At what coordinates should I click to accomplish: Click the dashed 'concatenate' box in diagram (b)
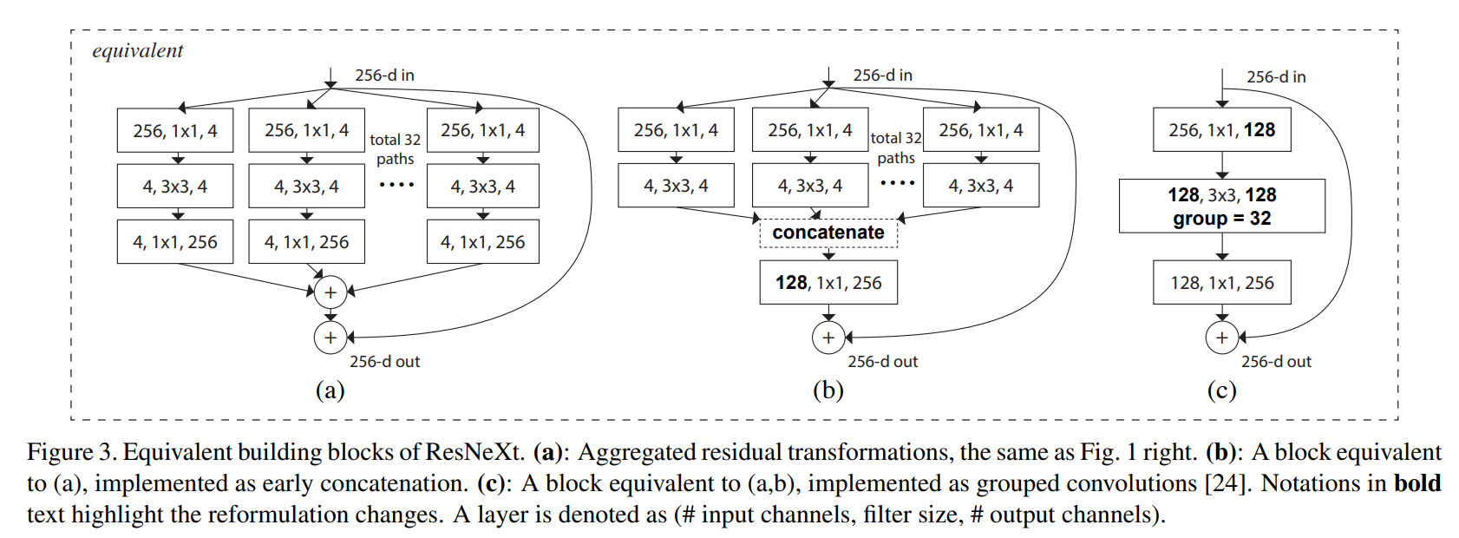pos(828,233)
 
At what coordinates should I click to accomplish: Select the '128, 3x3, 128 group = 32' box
pos(1221,207)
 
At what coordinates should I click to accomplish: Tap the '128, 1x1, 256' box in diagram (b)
pos(828,283)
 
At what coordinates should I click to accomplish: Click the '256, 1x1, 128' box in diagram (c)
pos(1221,130)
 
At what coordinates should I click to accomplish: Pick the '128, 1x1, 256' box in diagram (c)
pos(1221,283)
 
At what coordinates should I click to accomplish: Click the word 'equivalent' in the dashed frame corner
pos(137,51)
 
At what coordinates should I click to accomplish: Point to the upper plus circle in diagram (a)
pos(330,292)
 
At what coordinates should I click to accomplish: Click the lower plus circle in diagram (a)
pos(330,338)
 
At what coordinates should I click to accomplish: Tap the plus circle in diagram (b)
pos(828,338)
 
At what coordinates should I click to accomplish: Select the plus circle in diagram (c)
pos(1221,338)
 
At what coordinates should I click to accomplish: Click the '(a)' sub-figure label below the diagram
pos(330,390)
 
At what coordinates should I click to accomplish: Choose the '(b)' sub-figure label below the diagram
pos(828,390)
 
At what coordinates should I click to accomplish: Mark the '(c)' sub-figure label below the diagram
pos(1221,390)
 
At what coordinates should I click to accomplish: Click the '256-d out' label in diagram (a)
pos(384,362)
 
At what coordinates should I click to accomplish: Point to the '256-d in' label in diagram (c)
pos(1276,77)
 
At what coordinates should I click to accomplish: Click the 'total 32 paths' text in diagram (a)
pos(395,149)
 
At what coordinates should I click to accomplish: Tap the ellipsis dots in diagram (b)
pos(897,183)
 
